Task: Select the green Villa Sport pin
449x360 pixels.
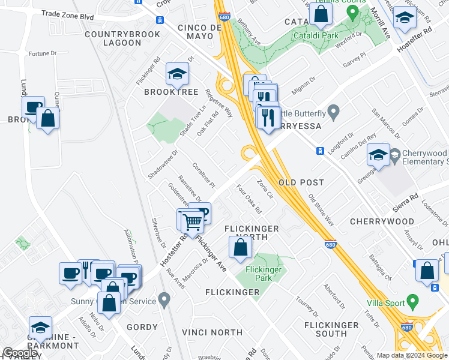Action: pos(412,300)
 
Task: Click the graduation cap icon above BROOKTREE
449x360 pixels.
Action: pos(177,74)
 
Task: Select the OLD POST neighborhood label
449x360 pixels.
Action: pos(301,182)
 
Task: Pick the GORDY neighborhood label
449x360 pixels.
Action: pos(142,328)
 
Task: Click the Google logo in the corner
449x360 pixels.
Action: pos(20,353)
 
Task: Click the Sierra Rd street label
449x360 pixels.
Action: pos(406,199)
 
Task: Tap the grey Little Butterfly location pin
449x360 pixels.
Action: pos(334,112)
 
